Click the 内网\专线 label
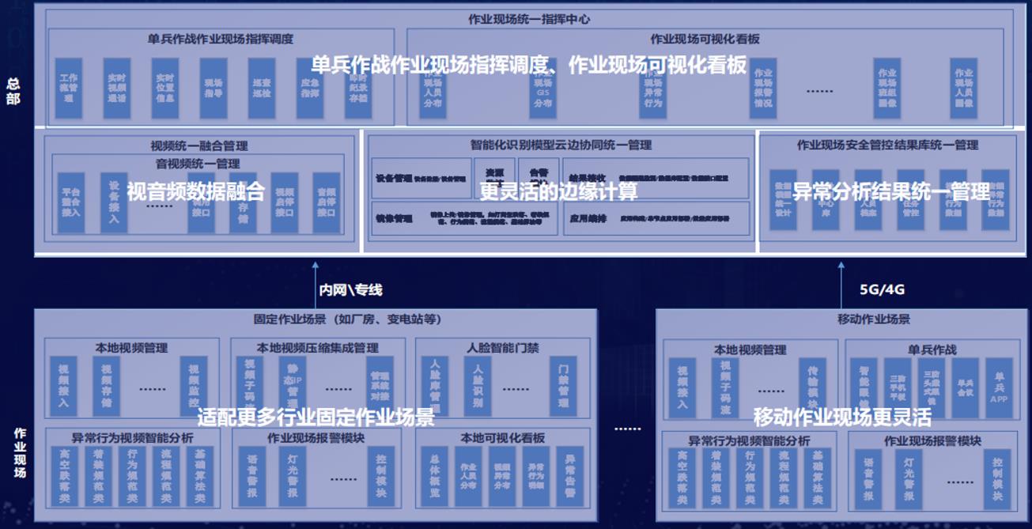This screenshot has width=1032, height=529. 350,290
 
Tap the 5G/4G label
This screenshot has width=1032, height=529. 883,289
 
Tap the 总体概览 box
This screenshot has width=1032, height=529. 435,478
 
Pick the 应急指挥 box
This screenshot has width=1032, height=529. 311,89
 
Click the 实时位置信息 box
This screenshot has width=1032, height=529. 165,89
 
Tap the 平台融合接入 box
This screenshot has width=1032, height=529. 71,203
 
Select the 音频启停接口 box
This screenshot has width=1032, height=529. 326,203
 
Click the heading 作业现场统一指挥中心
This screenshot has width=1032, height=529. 528,18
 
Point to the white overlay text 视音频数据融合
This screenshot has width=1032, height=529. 196,191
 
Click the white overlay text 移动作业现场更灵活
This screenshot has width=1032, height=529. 841,417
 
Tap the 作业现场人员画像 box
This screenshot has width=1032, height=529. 963,89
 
